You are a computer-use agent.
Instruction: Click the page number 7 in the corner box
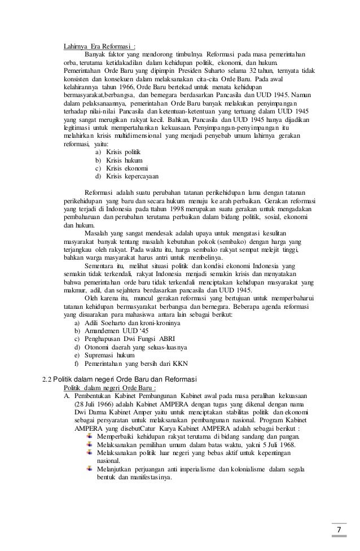(x=339, y=528)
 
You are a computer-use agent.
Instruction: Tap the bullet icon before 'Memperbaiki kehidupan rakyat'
(x=91, y=436)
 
